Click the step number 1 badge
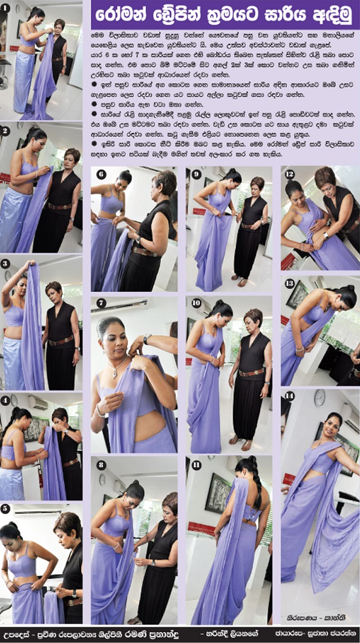point(5,8)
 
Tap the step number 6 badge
point(100,175)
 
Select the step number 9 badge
point(195,174)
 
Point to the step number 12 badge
point(290,174)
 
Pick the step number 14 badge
point(289,396)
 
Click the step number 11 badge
point(195,465)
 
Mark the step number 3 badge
point(5,264)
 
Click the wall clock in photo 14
point(319,397)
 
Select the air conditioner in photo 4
point(38,402)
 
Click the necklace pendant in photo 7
point(114,373)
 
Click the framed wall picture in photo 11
point(218,493)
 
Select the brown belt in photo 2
point(60,206)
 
